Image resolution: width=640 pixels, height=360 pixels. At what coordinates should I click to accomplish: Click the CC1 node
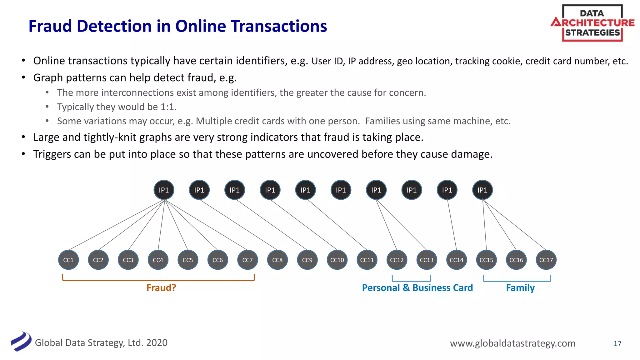coord(68,260)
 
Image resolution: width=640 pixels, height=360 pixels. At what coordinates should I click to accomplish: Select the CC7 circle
coord(247,260)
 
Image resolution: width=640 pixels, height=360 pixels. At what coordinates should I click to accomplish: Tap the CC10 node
coord(337,260)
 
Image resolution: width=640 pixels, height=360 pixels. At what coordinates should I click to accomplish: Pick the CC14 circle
coord(456,260)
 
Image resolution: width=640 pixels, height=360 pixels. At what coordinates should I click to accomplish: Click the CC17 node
coord(546,260)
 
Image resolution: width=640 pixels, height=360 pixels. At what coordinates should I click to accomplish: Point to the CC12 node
coord(397,260)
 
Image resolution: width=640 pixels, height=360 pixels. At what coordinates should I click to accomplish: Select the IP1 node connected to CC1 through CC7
coord(164,190)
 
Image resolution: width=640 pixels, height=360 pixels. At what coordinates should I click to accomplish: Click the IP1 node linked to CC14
coord(447,190)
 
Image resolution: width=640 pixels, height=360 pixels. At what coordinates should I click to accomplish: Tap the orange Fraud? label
coord(161,287)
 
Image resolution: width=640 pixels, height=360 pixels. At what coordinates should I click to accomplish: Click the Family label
coord(520,287)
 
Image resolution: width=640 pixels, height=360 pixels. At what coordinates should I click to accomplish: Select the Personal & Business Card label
coord(417,287)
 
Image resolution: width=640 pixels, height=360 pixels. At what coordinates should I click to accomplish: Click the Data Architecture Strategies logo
coord(592,23)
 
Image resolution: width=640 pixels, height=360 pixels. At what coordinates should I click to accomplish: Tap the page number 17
coord(617,343)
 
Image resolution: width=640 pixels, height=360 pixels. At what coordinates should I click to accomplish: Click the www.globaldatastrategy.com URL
coord(512,343)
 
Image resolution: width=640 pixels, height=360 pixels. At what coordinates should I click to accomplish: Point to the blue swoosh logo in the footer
coord(21,342)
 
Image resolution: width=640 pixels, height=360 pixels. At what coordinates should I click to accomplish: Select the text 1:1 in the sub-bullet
coord(168,107)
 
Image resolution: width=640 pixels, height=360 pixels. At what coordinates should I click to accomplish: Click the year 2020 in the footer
coord(157,342)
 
